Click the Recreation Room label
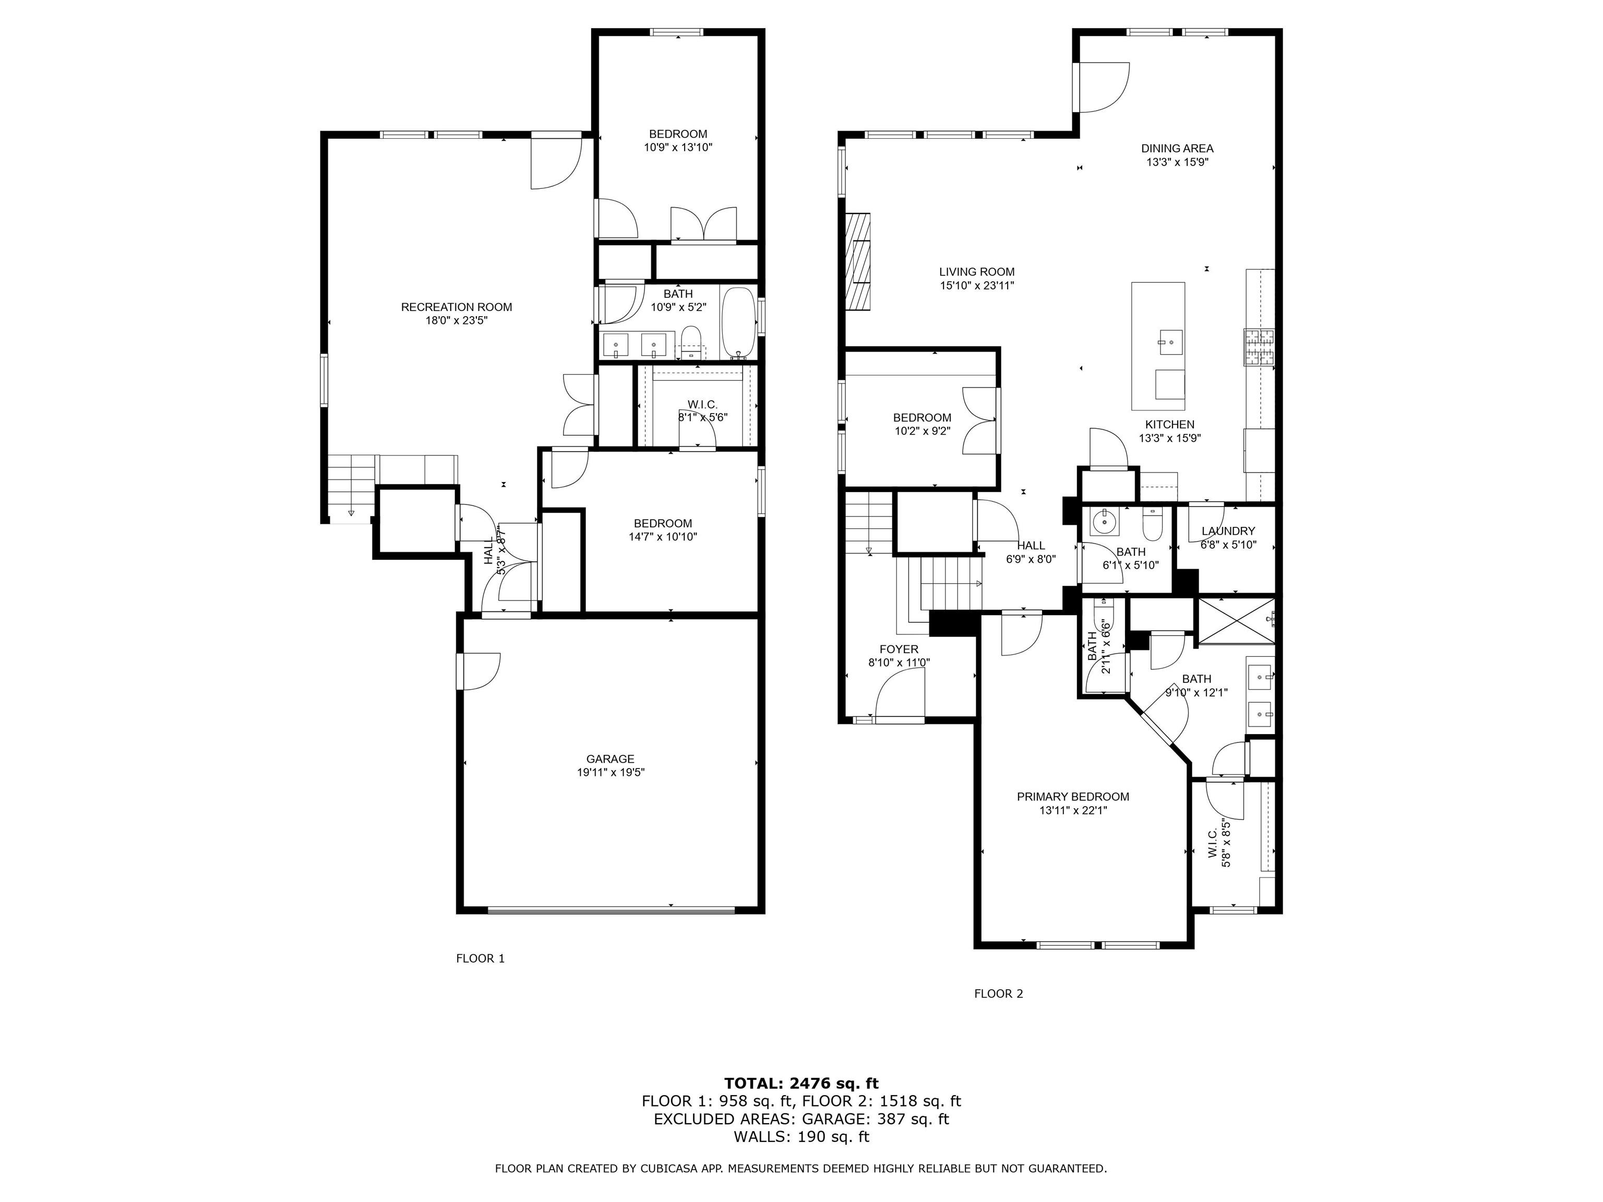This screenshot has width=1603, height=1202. click(x=457, y=307)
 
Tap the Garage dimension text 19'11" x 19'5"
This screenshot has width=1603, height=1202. click(x=610, y=772)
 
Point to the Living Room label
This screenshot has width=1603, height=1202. click(x=977, y=272)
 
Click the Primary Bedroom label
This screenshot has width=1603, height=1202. click(x=1072, y=797)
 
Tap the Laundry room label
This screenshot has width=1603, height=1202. click(x=1228, y=531)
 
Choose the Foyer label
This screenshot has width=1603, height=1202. click(x=899, y=649)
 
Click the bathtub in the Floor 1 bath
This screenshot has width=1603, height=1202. click(x=739, y=323)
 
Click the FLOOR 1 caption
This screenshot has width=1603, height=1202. click(x=480, y=958)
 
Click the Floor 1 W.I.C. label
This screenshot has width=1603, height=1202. click(x=702, y=404)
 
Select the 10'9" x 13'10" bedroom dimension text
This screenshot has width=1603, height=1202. click(x=678, y=148)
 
